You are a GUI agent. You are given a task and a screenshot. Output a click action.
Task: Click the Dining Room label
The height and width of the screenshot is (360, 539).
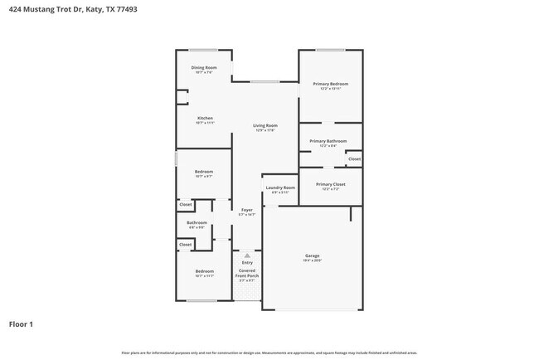pos(203,67)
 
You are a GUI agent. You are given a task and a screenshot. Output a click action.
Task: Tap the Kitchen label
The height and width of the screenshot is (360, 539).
pos(205,119)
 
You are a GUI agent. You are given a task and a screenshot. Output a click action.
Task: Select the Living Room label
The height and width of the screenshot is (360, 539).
pos(265,126)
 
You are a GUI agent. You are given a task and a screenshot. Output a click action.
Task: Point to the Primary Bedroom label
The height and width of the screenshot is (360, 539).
pos(330,84)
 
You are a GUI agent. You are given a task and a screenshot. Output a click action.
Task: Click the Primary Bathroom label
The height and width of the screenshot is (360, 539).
pos(328,142)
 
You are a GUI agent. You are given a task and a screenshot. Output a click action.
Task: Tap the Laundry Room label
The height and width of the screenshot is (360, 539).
pos(279,188)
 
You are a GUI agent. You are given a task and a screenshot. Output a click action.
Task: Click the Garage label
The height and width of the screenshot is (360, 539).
pos(312,256)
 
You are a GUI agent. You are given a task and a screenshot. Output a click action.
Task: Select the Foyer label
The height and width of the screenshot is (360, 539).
pos(246,211)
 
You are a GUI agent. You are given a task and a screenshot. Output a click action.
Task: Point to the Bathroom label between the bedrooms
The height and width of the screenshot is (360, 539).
pos(197,223)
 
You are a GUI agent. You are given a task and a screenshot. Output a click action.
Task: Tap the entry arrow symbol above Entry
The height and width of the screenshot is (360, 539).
pos(247,255)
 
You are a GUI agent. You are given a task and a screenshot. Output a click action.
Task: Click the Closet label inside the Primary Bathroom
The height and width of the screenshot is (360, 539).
pos(354,158)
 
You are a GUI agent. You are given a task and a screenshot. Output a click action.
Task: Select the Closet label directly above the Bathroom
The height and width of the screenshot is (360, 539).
pos(186,204)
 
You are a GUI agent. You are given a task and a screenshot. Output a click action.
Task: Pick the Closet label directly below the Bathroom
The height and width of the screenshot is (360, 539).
pos(186,245)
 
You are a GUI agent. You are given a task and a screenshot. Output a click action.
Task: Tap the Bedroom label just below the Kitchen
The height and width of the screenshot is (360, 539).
pos(204,172)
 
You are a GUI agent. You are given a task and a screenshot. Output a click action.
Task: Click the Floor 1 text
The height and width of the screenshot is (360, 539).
pos(21,324)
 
